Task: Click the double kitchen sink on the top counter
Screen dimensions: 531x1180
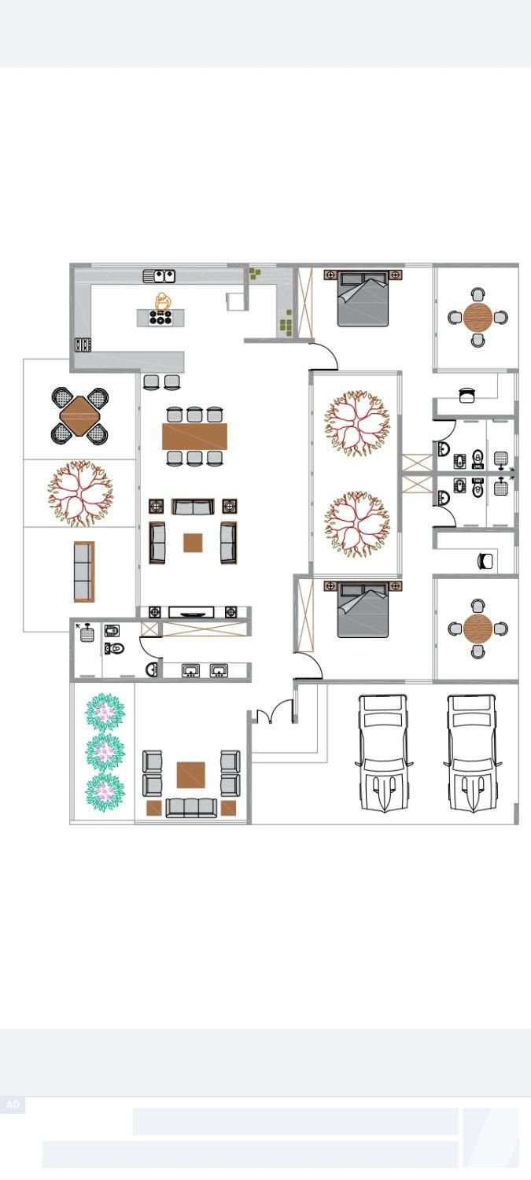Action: (x=159, y=275)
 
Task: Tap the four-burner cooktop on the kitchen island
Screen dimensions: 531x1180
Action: (x=160, y=317)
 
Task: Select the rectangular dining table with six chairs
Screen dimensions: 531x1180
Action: (x=194, y=436)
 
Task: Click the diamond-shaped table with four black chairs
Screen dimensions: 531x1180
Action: (x=80, y=416)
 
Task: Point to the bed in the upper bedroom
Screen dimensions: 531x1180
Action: (x=363, y=297)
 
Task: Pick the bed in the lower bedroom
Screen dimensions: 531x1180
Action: (x=363, y=610)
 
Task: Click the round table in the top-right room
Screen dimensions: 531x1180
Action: (x=478, y=317)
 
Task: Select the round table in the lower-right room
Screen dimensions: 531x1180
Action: (x=478, y=628)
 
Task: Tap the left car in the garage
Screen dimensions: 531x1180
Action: (x=383, y=752)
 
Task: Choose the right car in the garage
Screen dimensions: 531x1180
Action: (x=472, y=752)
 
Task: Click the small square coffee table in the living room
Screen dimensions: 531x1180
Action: (x=193, y=543)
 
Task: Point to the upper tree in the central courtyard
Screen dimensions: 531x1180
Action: (x=356, y=423)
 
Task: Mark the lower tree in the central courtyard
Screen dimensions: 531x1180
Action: (x=356, y=524)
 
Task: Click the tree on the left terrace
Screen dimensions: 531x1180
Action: (x=80, y=493)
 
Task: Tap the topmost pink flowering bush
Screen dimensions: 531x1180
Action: (x=105, y=712)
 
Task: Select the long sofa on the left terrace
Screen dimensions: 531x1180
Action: (x=83, y=572)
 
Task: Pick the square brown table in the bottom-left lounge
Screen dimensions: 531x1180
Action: (x=190, y=775)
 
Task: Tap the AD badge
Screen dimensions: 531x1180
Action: (x=13, y=1104)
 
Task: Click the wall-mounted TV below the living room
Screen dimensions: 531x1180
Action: (x=191, y=612)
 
